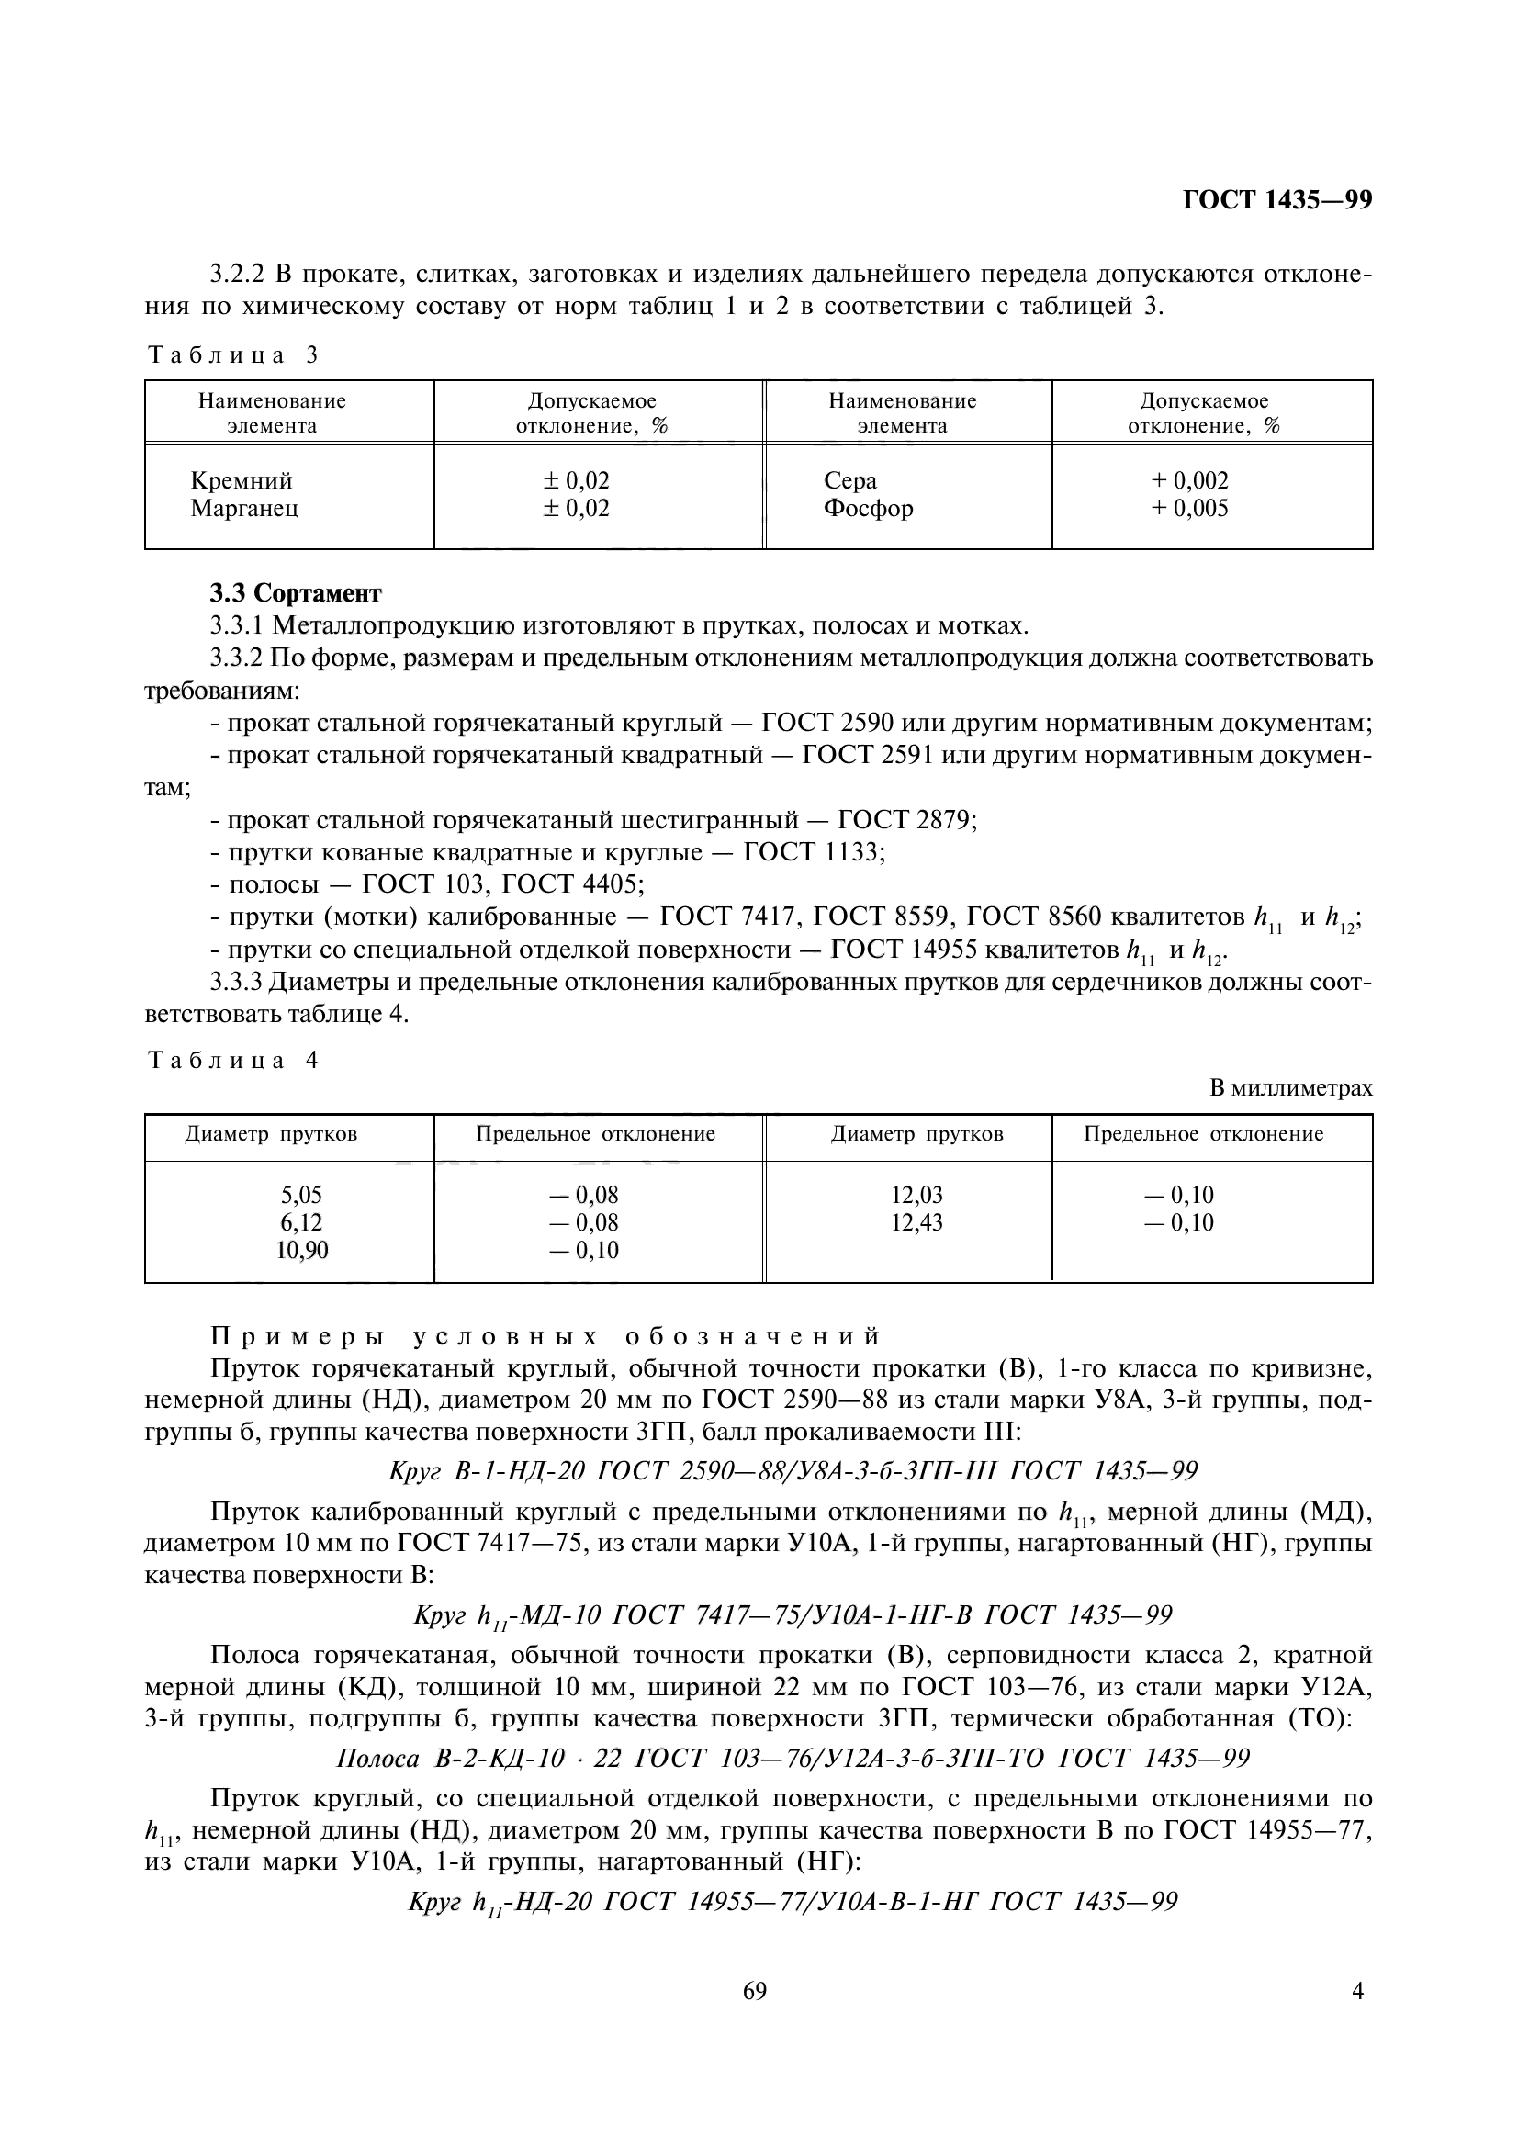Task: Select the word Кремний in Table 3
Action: (242, 481)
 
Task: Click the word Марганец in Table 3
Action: (244, 509)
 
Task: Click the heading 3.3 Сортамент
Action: (296, 593)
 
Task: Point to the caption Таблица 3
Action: (233, 354)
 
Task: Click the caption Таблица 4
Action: (233, 1060)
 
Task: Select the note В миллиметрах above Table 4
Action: (1291, 1087)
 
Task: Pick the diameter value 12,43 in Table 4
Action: (916, 1222)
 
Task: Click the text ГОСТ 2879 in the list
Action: (906, 820)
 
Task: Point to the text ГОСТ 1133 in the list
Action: (812, 852)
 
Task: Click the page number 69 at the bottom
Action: (754, 2017)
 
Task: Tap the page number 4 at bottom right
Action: (1357, 2017)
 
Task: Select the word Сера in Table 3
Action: (850, 481)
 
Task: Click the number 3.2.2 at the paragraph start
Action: (239, 276)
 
